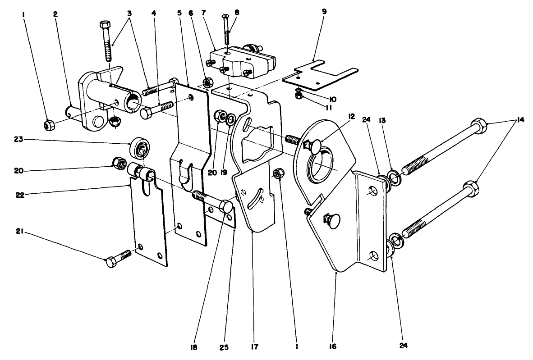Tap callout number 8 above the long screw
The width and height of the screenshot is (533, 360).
click(x=236, y=13)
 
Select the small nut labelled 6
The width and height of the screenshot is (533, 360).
click(x=208, y=82)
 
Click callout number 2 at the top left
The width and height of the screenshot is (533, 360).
click(x=55, y=14)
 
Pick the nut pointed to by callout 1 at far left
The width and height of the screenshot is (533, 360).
click(x=48, y=125)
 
